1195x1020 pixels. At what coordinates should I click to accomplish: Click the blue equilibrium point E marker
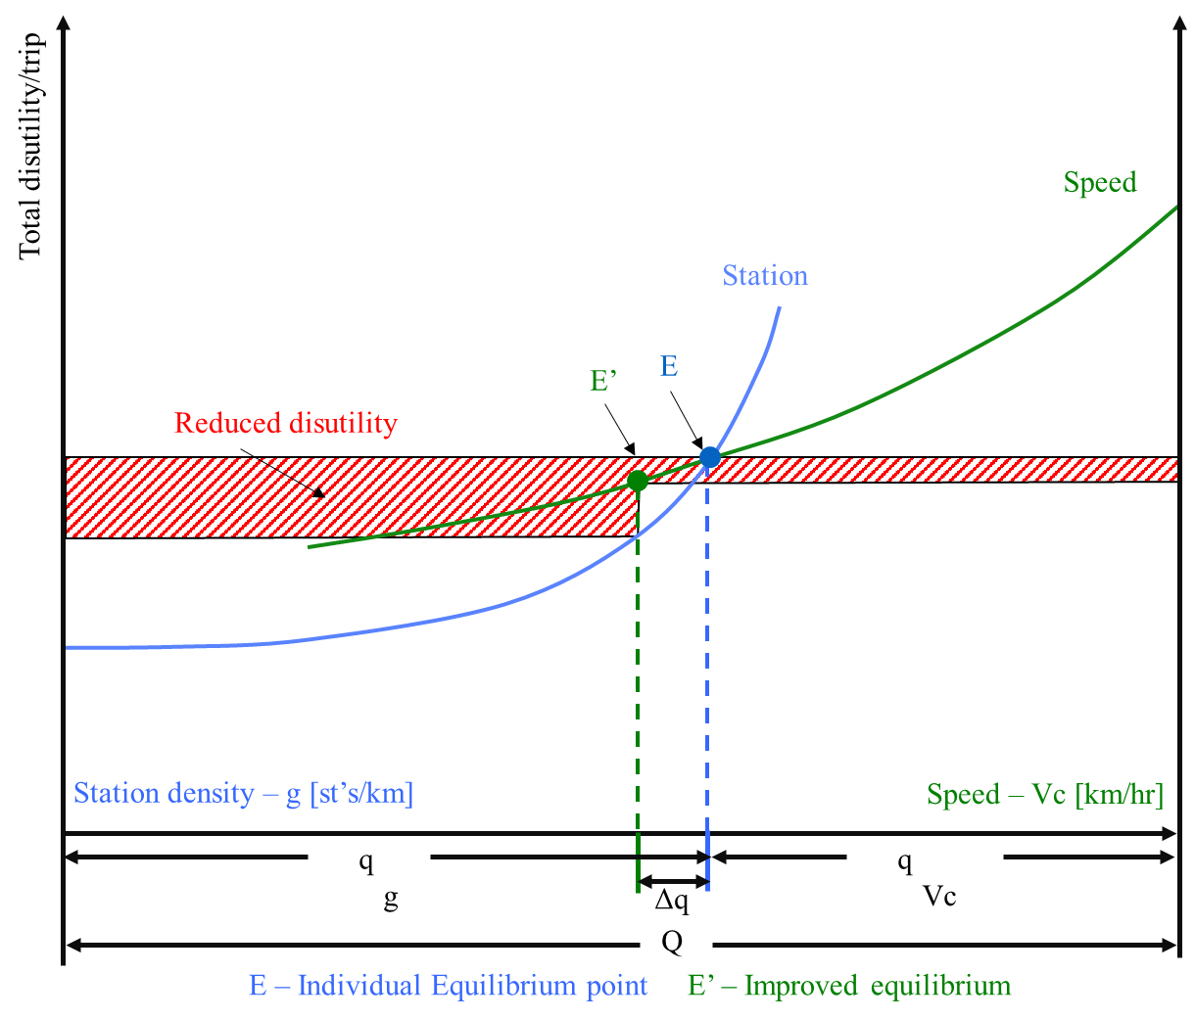click(x=709, y=457)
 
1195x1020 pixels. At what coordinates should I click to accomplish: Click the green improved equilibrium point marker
click(x=638, y=481)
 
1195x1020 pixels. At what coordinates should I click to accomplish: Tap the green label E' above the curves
click(x=603, y=380)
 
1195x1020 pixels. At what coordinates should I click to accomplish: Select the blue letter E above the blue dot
click(x=669, y=366)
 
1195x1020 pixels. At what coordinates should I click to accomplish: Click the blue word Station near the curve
click(x=765, y=276)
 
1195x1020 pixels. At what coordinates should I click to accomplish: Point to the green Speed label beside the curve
click(x=1100, y=182)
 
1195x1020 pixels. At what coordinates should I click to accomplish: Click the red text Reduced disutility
click(x=286, y=423)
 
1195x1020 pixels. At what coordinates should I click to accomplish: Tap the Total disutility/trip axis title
click(x=30, y=146)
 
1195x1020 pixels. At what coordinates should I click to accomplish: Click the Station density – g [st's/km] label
click(x=244, y=793)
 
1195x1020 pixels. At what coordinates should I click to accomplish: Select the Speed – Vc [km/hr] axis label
click(x=1045, y=795)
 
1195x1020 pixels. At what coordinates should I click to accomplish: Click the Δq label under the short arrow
click(x=672, y=901)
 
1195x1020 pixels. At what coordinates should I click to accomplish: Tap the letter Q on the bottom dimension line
click(x=672, y=943)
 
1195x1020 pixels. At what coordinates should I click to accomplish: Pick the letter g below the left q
click(x=391, y=898)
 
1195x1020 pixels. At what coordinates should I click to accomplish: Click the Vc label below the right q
click(x=939, y=895)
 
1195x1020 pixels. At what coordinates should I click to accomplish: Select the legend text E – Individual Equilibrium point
click(x=449, y=985)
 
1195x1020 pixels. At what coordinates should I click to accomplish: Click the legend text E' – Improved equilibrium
click(x=849, y=985)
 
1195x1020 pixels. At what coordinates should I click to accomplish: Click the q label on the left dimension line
click(x=366, y=860)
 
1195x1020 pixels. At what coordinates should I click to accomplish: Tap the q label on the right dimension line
click(x=905, y=860)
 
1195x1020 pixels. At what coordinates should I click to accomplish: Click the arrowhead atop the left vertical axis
click(x=64, y=23)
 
